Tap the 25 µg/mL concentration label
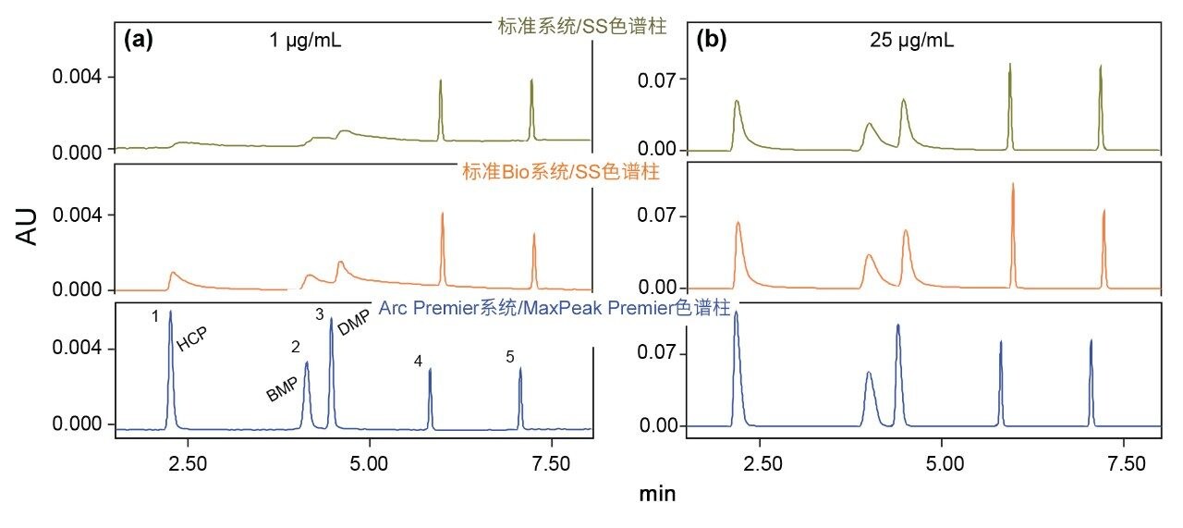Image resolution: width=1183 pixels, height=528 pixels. tap(912, 40)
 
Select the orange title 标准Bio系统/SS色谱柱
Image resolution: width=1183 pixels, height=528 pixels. tap(559, 173)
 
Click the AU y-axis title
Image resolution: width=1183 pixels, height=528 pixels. tap(30, 227)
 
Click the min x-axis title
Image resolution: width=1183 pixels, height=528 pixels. tap(657, 494)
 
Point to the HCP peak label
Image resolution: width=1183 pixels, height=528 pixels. tap(192, 338)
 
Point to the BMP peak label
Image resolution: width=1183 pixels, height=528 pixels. tap(282, 389)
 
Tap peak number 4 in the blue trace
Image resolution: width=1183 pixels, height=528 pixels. tap(419, 362)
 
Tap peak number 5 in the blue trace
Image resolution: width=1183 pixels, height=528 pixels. tap(509, 356)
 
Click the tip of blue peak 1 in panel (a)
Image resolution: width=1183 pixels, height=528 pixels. tap(170, 312)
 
